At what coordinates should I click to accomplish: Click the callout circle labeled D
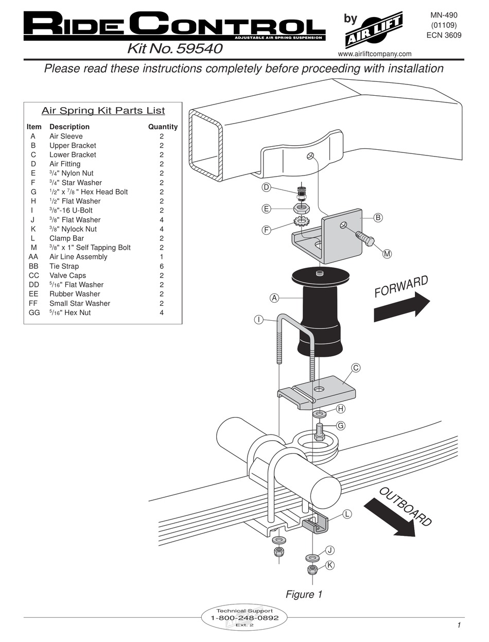(267, 187)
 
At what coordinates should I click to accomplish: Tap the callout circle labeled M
(387, 253)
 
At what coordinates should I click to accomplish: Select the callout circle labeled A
(274, 298)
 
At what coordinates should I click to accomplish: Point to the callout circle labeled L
(347, 514)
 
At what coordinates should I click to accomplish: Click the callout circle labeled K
(330, 565)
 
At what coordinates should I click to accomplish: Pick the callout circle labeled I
(259, 320)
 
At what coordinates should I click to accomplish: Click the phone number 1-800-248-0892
(244, 618)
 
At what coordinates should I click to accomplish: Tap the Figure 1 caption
(304, 594)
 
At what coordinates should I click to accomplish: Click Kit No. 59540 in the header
(174, 49)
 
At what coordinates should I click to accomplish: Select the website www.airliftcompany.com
(375, 54)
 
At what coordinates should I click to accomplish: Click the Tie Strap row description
(64, 266)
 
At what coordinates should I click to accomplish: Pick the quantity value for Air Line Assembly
(162, 257)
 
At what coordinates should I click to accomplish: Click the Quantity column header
(163, 127)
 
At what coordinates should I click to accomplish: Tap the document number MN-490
(444, 15)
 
